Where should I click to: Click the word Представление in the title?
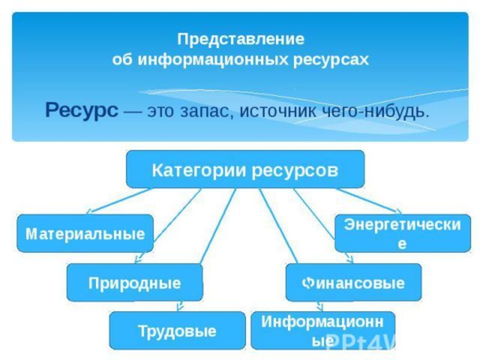(241, 40)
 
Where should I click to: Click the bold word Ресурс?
(82, 110)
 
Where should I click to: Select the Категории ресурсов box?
(245, 170)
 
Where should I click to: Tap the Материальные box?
(85, 233)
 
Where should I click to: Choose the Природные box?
(134, 283)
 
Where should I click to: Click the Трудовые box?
(177, 331)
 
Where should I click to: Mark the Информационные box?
(323, 330)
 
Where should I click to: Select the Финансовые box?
(353, 283)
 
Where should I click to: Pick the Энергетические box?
(402, 233)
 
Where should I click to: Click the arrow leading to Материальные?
(120, 201)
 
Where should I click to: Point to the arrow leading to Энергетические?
(369, 200)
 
